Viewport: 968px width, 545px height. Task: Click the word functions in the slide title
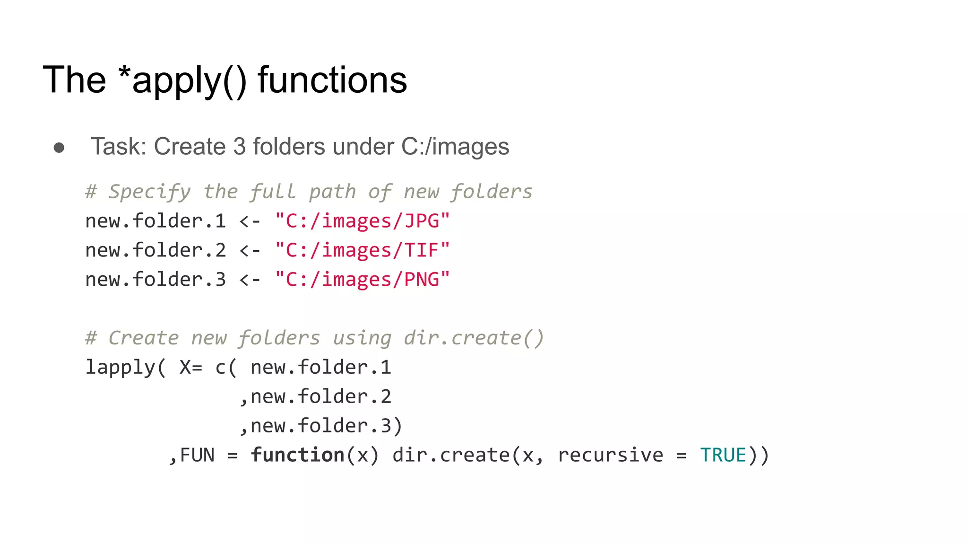pos(332,79)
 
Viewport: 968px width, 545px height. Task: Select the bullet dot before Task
pos(59,148)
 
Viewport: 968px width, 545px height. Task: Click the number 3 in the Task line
pos(239,146)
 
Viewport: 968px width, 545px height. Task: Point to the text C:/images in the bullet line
pos(455,146)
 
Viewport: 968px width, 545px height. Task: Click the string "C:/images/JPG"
pos(363,221)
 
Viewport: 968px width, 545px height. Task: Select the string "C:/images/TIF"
pos(363,250)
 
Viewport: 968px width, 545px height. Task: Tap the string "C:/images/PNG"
pos(363,280)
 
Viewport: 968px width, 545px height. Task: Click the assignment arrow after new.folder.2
pos(250,250)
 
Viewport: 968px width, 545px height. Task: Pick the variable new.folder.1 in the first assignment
pos(156,221)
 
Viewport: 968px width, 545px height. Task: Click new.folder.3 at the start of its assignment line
pos(156,280)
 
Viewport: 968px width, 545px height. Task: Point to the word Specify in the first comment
pos(149,192)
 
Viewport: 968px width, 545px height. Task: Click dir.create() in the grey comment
pos(474,338)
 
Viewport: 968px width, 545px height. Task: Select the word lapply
pos(120,368)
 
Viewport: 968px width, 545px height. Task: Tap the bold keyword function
pos(297,455)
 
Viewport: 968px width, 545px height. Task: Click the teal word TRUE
pos(723,455)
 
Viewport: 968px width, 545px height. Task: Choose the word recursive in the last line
pos(610,455)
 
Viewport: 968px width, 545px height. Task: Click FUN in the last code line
pos(197,455)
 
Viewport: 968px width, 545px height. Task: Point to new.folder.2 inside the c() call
pos(321,397)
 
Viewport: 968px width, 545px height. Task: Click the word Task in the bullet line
pos(119,146)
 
